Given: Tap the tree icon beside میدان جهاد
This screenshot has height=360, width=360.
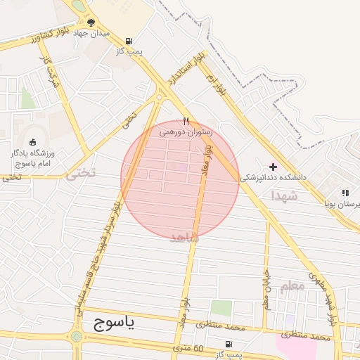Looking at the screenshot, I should [91, 22].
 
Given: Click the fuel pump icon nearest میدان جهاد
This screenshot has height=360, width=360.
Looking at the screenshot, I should [128, 41].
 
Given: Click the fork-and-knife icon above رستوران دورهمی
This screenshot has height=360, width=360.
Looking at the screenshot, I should [186, 120].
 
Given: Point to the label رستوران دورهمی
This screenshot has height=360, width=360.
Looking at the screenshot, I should [185, 131].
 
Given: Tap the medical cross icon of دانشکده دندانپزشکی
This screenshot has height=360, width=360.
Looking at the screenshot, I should [273, 167].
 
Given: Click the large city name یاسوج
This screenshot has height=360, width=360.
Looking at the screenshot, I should [117, 324].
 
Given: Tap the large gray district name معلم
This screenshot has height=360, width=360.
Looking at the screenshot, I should [292, 285].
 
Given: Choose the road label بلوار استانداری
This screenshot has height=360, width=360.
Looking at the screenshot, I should [182, 68].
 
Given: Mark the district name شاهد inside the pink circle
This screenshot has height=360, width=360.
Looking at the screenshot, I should [185, 238].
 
